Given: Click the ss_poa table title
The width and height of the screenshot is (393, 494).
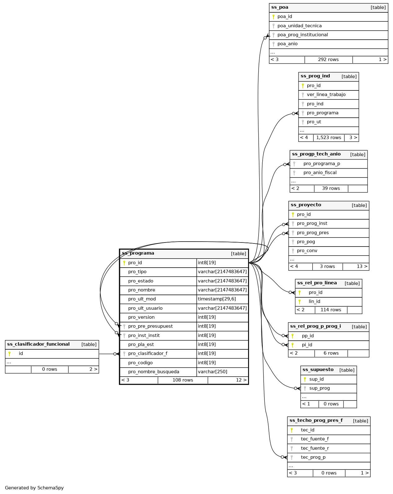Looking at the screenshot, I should [280, 7].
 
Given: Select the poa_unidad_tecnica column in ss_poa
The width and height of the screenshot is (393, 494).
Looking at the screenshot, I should [299, 26].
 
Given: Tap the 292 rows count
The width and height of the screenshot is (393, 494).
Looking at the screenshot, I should [328, 59].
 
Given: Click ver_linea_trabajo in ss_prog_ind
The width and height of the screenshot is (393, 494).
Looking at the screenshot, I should [326, 94].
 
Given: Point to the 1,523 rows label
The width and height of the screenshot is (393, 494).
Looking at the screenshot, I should [328, 138].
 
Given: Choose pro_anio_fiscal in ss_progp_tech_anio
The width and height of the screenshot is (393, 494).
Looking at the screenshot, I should [320, 173].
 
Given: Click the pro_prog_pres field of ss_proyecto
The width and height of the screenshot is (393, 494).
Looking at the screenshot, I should [312, 233].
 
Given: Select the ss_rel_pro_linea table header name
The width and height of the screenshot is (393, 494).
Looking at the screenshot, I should [317, 283].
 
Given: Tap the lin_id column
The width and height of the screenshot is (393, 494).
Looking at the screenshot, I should [314, 301].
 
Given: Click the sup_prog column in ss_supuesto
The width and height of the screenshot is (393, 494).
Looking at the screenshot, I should [319, 388].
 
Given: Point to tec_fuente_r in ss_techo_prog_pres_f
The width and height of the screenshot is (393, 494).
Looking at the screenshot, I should [315, 448].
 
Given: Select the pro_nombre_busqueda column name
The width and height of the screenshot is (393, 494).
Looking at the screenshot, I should [154, 372].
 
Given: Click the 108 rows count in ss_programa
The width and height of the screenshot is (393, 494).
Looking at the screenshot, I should [183, 380].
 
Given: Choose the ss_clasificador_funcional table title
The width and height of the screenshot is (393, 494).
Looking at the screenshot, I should [38, 344].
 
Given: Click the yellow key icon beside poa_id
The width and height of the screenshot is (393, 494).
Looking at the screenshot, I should [273, 17].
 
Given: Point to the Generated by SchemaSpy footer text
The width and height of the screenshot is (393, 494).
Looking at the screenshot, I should [34, 488].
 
